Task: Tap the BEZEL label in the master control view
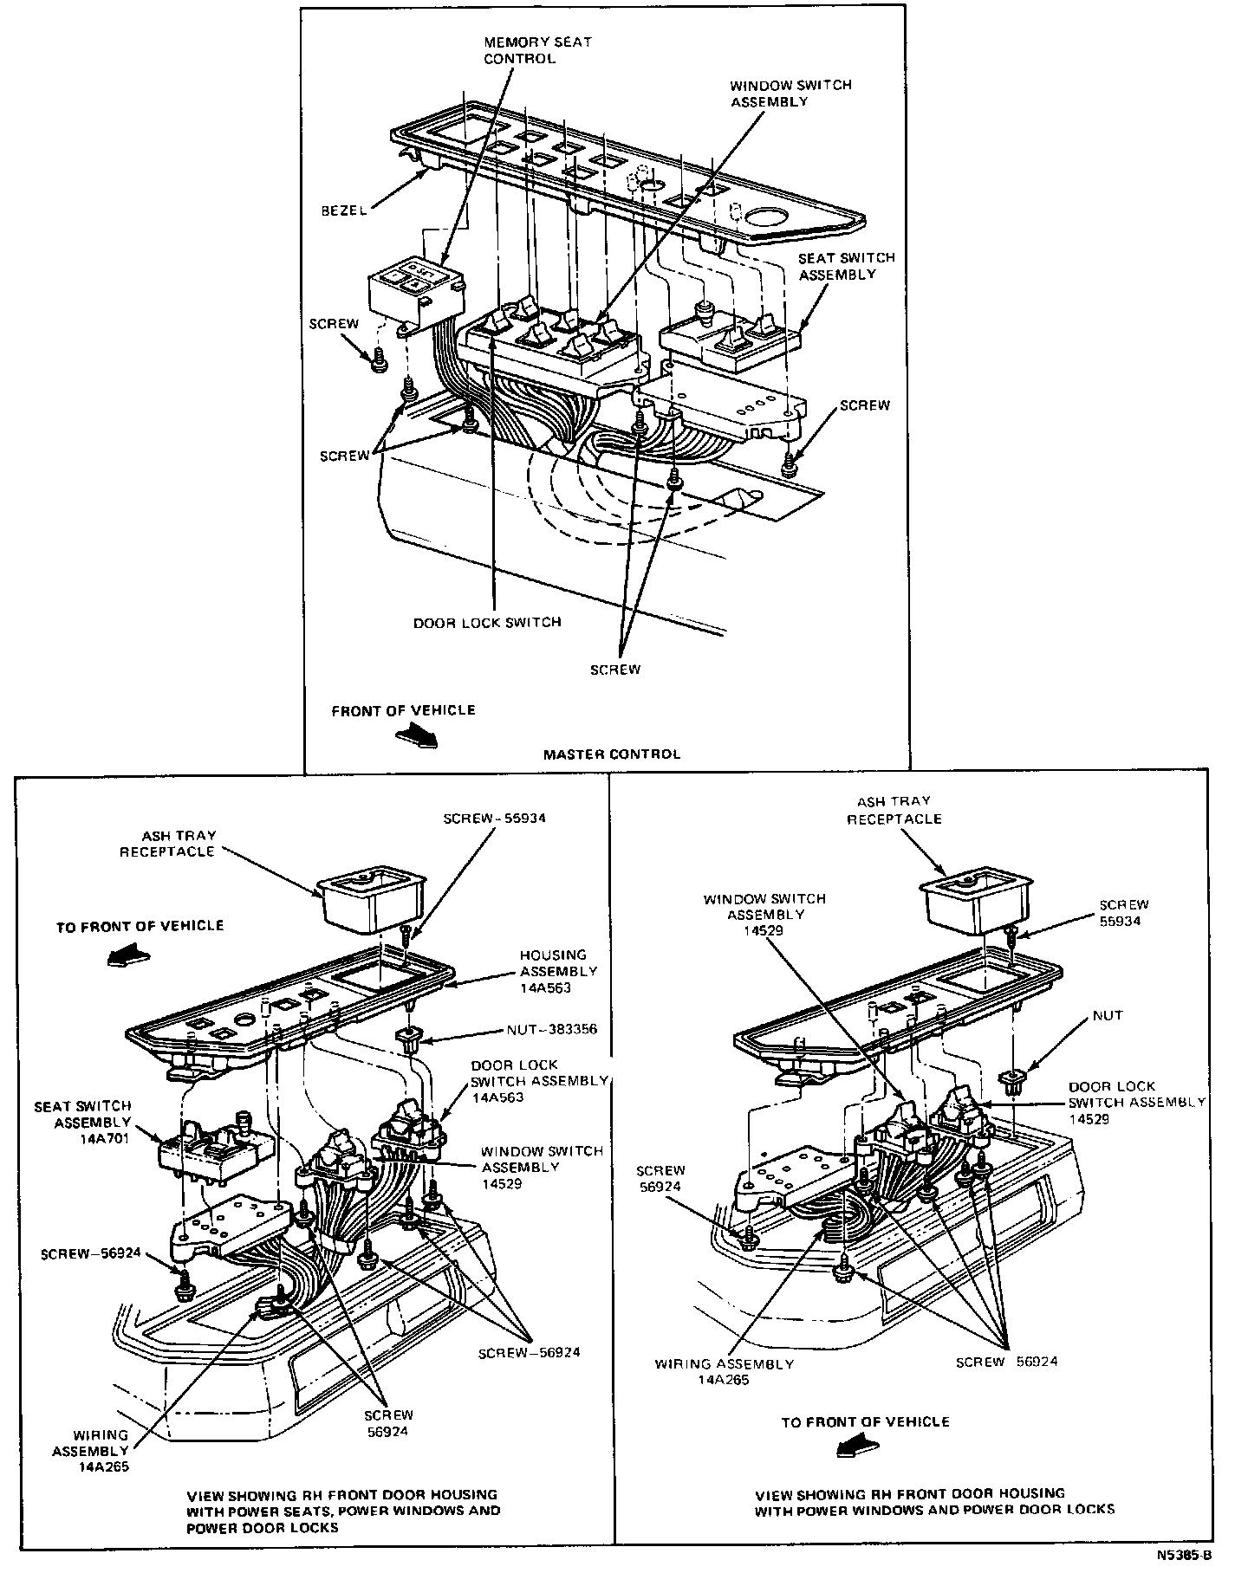[x=342, y=210]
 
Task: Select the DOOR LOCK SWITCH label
[x=486, y=622]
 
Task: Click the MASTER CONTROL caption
[x=611, y=754]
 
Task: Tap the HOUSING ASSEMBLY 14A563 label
[x=558, y=971]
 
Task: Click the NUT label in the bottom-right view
[x=1107, y=1015]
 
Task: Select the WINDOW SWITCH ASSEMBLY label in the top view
[x=777, y=94]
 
